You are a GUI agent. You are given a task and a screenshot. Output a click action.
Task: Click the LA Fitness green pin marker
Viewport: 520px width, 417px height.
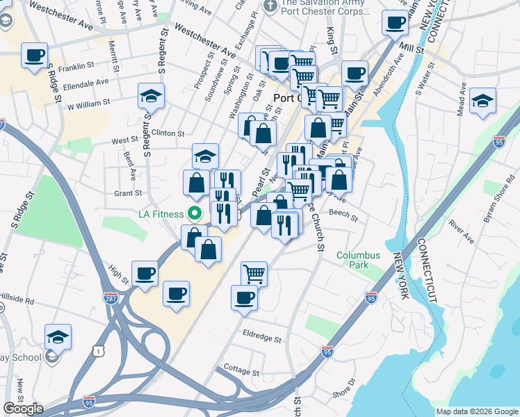click(195, 213)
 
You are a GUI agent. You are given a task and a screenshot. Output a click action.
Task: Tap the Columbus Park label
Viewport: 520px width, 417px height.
click(359, 260)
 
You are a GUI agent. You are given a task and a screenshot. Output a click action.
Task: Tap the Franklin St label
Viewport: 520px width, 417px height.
click(76, 67)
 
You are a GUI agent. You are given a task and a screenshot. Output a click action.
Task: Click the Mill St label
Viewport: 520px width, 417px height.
click(414, 47)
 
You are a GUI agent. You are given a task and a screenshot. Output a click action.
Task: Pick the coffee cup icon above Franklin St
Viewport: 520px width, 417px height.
click(34, 55)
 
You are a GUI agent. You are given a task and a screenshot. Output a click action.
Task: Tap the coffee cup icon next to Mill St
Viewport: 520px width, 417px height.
click(395, 22)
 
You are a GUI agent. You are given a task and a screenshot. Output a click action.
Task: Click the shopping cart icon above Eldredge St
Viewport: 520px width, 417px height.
click(254, 273)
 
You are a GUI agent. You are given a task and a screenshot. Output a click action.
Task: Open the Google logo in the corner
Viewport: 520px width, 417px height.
click(23, 409)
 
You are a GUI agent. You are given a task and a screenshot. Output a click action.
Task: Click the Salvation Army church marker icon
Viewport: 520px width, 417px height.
click(270, 6)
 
